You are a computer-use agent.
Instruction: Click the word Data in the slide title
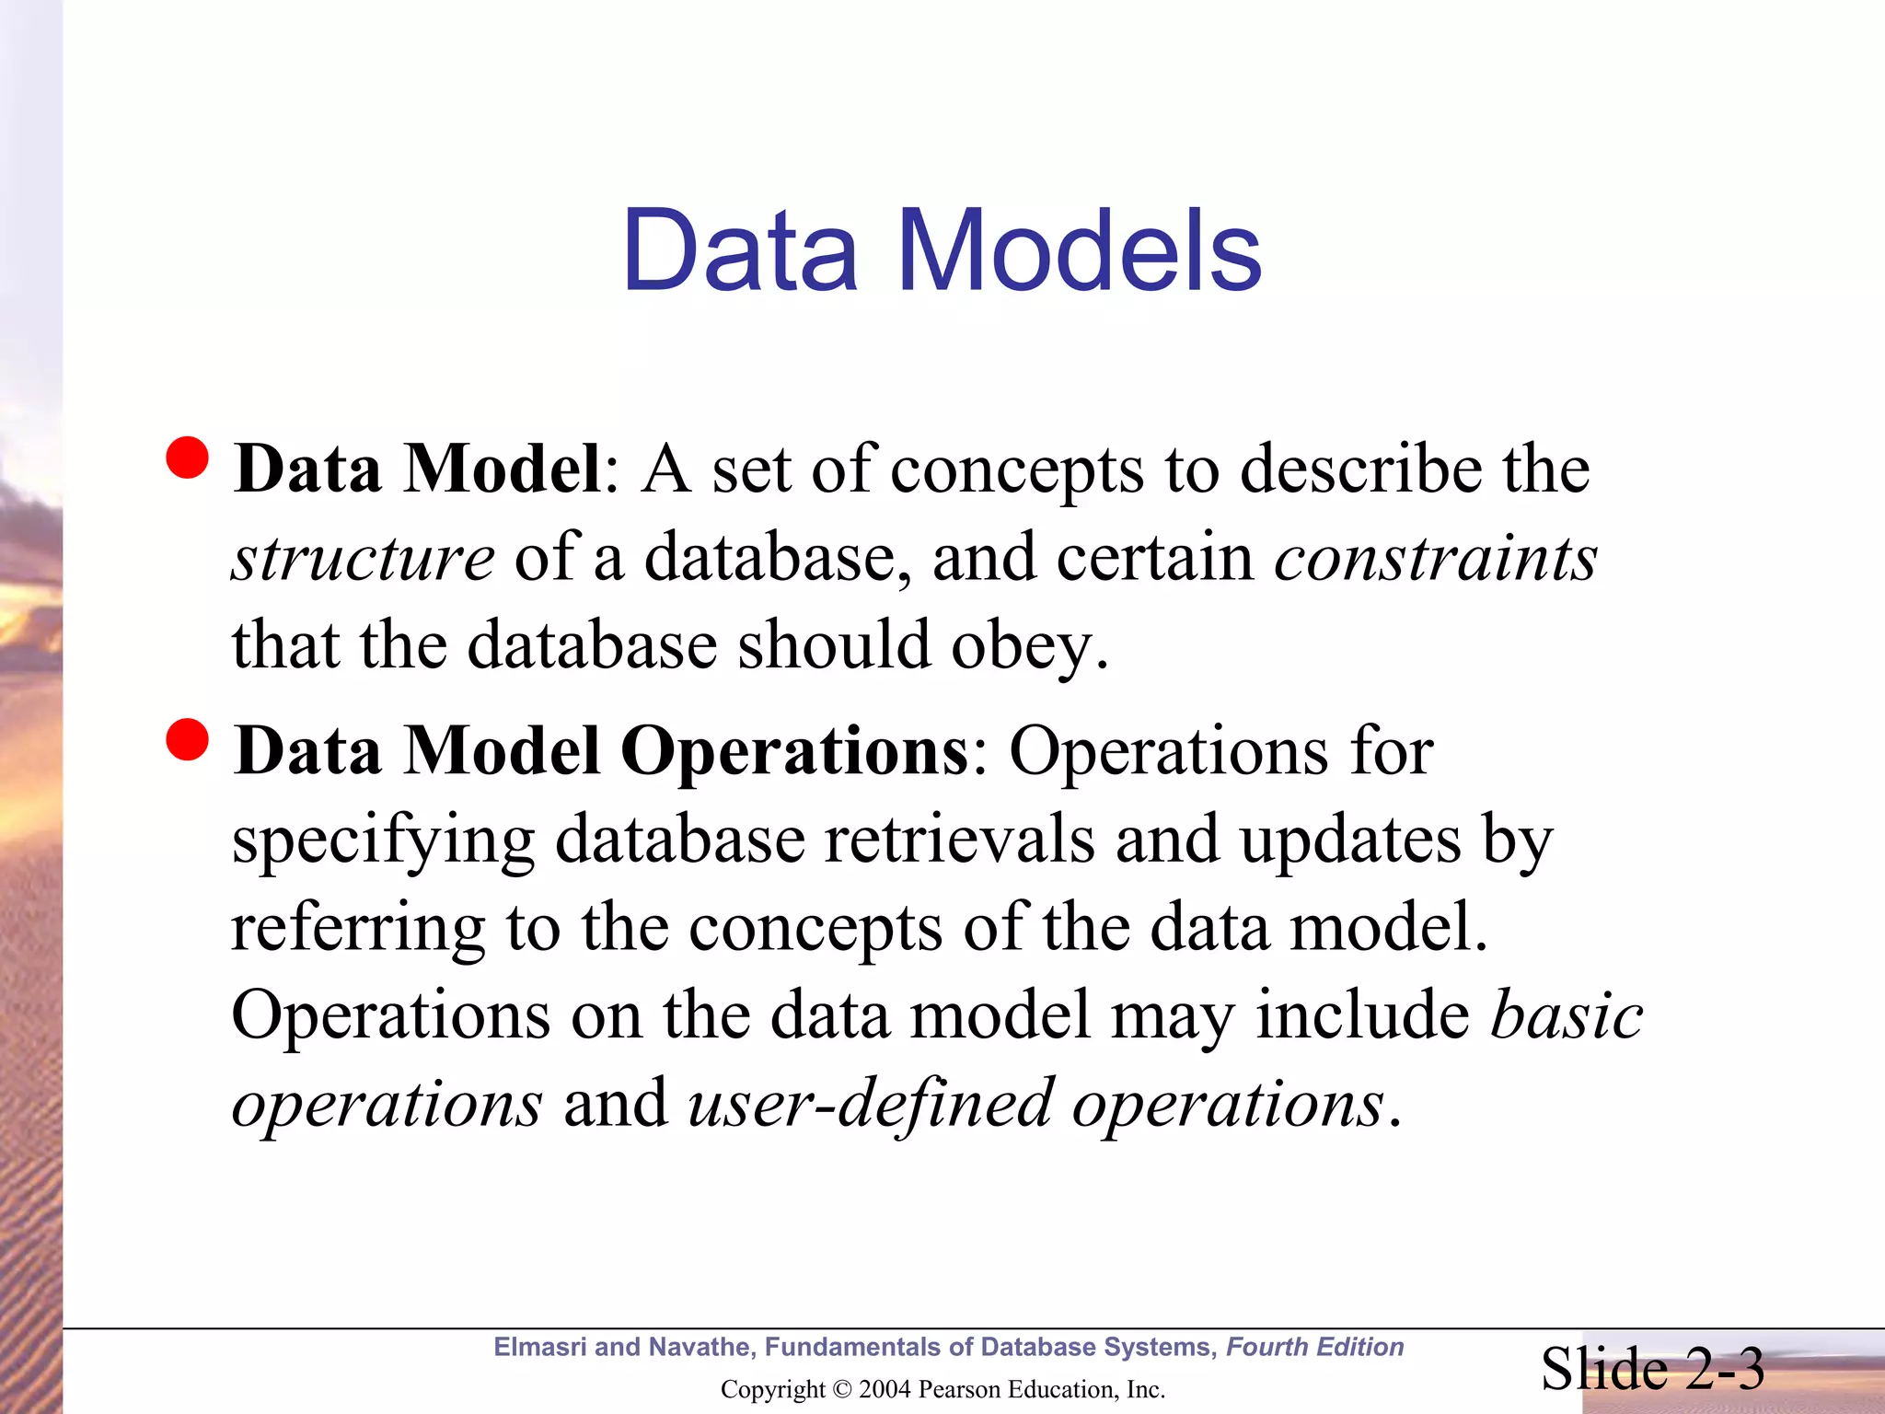click(740, 250)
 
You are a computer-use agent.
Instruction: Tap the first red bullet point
click(189, 458)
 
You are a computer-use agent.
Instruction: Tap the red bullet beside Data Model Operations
click(189, 739)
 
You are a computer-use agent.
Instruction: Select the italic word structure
click(363, 558)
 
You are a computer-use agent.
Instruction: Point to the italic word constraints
click(1436, 558)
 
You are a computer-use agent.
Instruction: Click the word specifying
click(383, 841)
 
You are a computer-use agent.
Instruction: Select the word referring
click(357, 928)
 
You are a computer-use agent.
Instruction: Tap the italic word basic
click(1567, 1014)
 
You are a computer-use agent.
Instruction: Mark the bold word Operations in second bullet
click(793, 751)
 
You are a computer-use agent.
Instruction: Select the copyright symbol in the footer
click(841, 1389)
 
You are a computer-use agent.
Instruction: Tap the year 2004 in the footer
click(885, 1389)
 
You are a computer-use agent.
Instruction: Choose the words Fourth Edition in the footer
click(1314, 1347)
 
